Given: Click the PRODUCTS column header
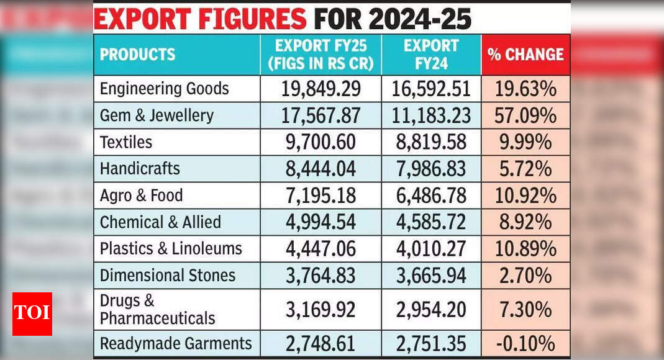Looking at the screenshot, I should (x=138, y=55).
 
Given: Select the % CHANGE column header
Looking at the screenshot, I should (x=525, y=55).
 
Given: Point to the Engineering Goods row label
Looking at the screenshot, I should (x=164, y=89).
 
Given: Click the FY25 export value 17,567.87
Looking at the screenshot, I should (x=321, y=115).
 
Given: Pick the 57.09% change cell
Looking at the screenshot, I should (x=525, y=115).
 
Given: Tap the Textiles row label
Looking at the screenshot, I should (x=126, y=142).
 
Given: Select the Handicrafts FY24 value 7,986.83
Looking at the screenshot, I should (x=431, y=169).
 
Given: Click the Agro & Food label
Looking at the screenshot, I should (x=142, y=196).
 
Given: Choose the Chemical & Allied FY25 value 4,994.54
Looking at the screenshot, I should (x=321, y=222).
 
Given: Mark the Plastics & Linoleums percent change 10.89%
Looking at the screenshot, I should (x=525, y=249).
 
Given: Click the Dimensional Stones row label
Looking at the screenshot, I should (x=168, y=276).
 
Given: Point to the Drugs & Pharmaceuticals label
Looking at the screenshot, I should (x=157, y=309).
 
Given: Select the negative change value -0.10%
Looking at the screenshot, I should (x=525, y=343).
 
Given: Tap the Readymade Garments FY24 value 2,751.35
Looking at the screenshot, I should (x=431, y=343).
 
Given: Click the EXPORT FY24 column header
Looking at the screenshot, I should (x=431, y=55).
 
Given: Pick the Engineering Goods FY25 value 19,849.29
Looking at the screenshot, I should (x=321, y=89).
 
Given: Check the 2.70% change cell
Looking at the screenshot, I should (x=525, y=276).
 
